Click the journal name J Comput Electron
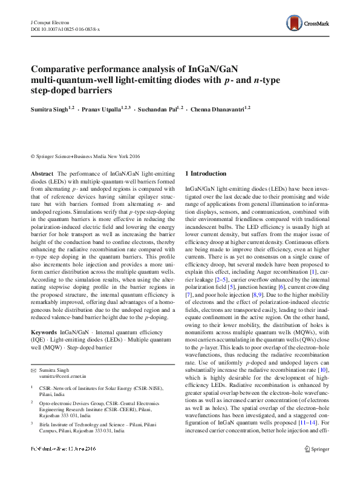[x=48, y=21]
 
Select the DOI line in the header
[x=65, y=28]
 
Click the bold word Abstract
[x=42, y=173]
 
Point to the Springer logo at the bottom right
[x=317, y=466]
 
